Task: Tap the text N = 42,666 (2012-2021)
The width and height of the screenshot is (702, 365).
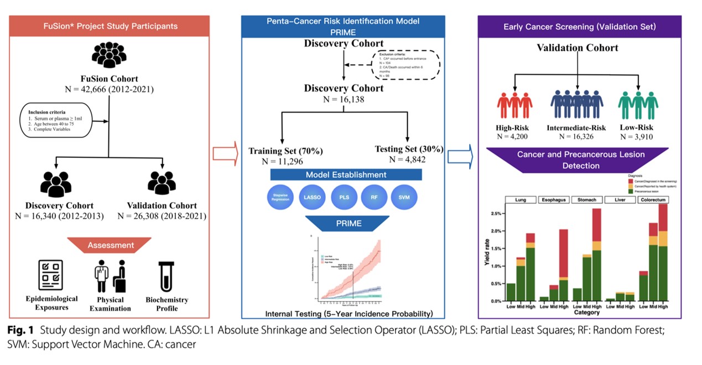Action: (110, 88)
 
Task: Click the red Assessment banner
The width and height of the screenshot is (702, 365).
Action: (110, 244)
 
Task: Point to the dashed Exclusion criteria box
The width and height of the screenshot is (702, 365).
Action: (407, 65)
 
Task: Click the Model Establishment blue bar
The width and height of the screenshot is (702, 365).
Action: (346, 175)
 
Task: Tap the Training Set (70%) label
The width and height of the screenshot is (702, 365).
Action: (285, 151)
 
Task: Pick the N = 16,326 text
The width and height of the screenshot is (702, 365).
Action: (578, 135)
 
